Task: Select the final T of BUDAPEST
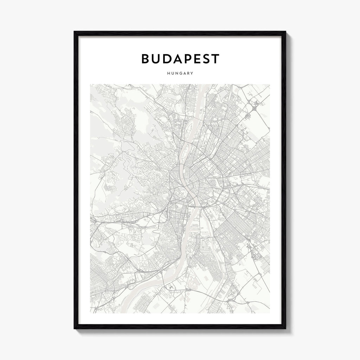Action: pyautogui.click(x=215, y=59)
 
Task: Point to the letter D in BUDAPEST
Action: pyautogui.click(x=166, y=59)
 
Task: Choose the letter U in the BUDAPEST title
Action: pyautogui.click(x=156, y=59)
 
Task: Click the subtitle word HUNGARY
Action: pyautogui.click(x=180, y=73)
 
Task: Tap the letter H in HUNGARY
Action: pyautogui.click(x=169, y=73)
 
